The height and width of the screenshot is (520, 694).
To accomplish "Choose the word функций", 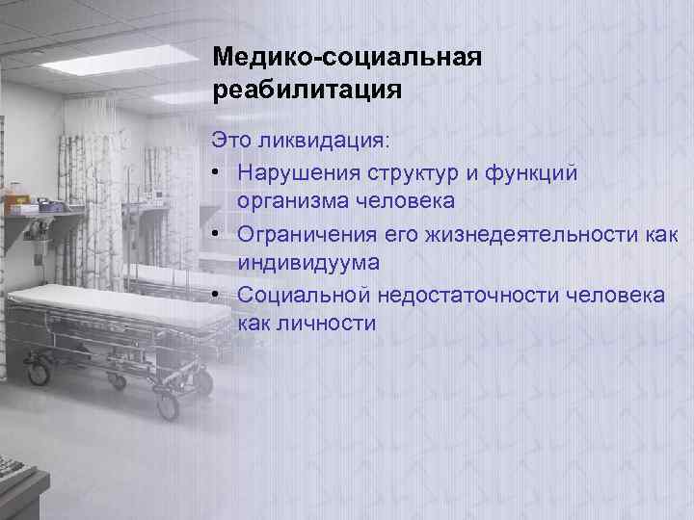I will (538, 172).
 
